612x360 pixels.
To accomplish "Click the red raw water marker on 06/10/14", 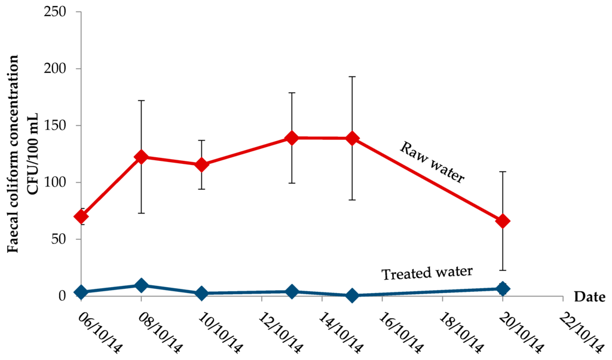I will coord(81,216).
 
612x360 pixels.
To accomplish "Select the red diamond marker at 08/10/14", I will coord(141,157).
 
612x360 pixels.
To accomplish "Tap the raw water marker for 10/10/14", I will coord(201,164).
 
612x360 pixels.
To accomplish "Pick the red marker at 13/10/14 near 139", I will coord(292,138).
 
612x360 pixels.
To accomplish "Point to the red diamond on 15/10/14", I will coord(352,138).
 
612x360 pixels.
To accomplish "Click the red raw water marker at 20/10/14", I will coord(503,221).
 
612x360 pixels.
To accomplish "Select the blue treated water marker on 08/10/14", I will coord(141,285).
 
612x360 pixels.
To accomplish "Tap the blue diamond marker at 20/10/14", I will coord(503,289).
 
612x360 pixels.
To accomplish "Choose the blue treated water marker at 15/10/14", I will coord(352,295).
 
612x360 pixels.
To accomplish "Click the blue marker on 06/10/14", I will coord(81,292).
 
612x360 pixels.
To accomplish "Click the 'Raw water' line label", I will coord(432,161).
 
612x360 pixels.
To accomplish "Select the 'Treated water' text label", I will coord(427,273).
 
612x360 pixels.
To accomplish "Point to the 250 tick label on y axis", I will coord(55,12).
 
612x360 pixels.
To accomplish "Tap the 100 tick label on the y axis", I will coord(55,182).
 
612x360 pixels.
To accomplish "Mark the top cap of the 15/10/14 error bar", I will coord(352,77).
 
